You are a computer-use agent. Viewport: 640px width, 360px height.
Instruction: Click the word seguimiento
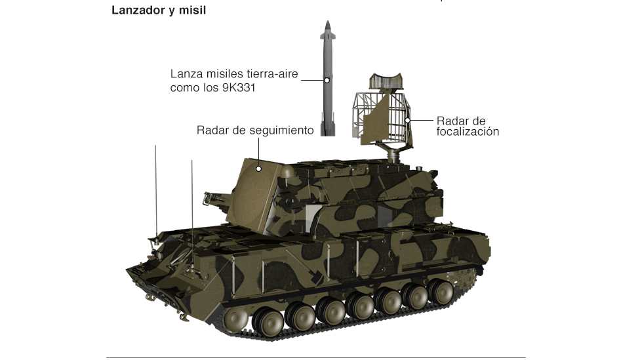click(278, 130)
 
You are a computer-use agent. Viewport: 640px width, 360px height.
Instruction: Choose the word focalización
click(468, 132)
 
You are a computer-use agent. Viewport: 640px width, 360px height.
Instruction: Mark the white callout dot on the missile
click(326, 81)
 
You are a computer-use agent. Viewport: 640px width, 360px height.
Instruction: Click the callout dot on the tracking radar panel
click(259, 169)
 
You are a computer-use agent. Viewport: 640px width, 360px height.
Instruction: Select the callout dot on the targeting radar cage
click(407, 121)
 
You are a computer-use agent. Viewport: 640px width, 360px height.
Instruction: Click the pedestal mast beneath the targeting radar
click(394, 156)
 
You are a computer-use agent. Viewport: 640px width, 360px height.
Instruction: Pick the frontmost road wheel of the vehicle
click(237, 319)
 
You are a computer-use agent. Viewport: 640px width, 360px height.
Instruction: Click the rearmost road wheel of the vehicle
click(437, 289)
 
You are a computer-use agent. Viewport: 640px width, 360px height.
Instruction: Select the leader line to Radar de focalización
click(420, 121)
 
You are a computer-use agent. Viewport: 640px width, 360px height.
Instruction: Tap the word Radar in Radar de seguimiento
click(212, 130)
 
